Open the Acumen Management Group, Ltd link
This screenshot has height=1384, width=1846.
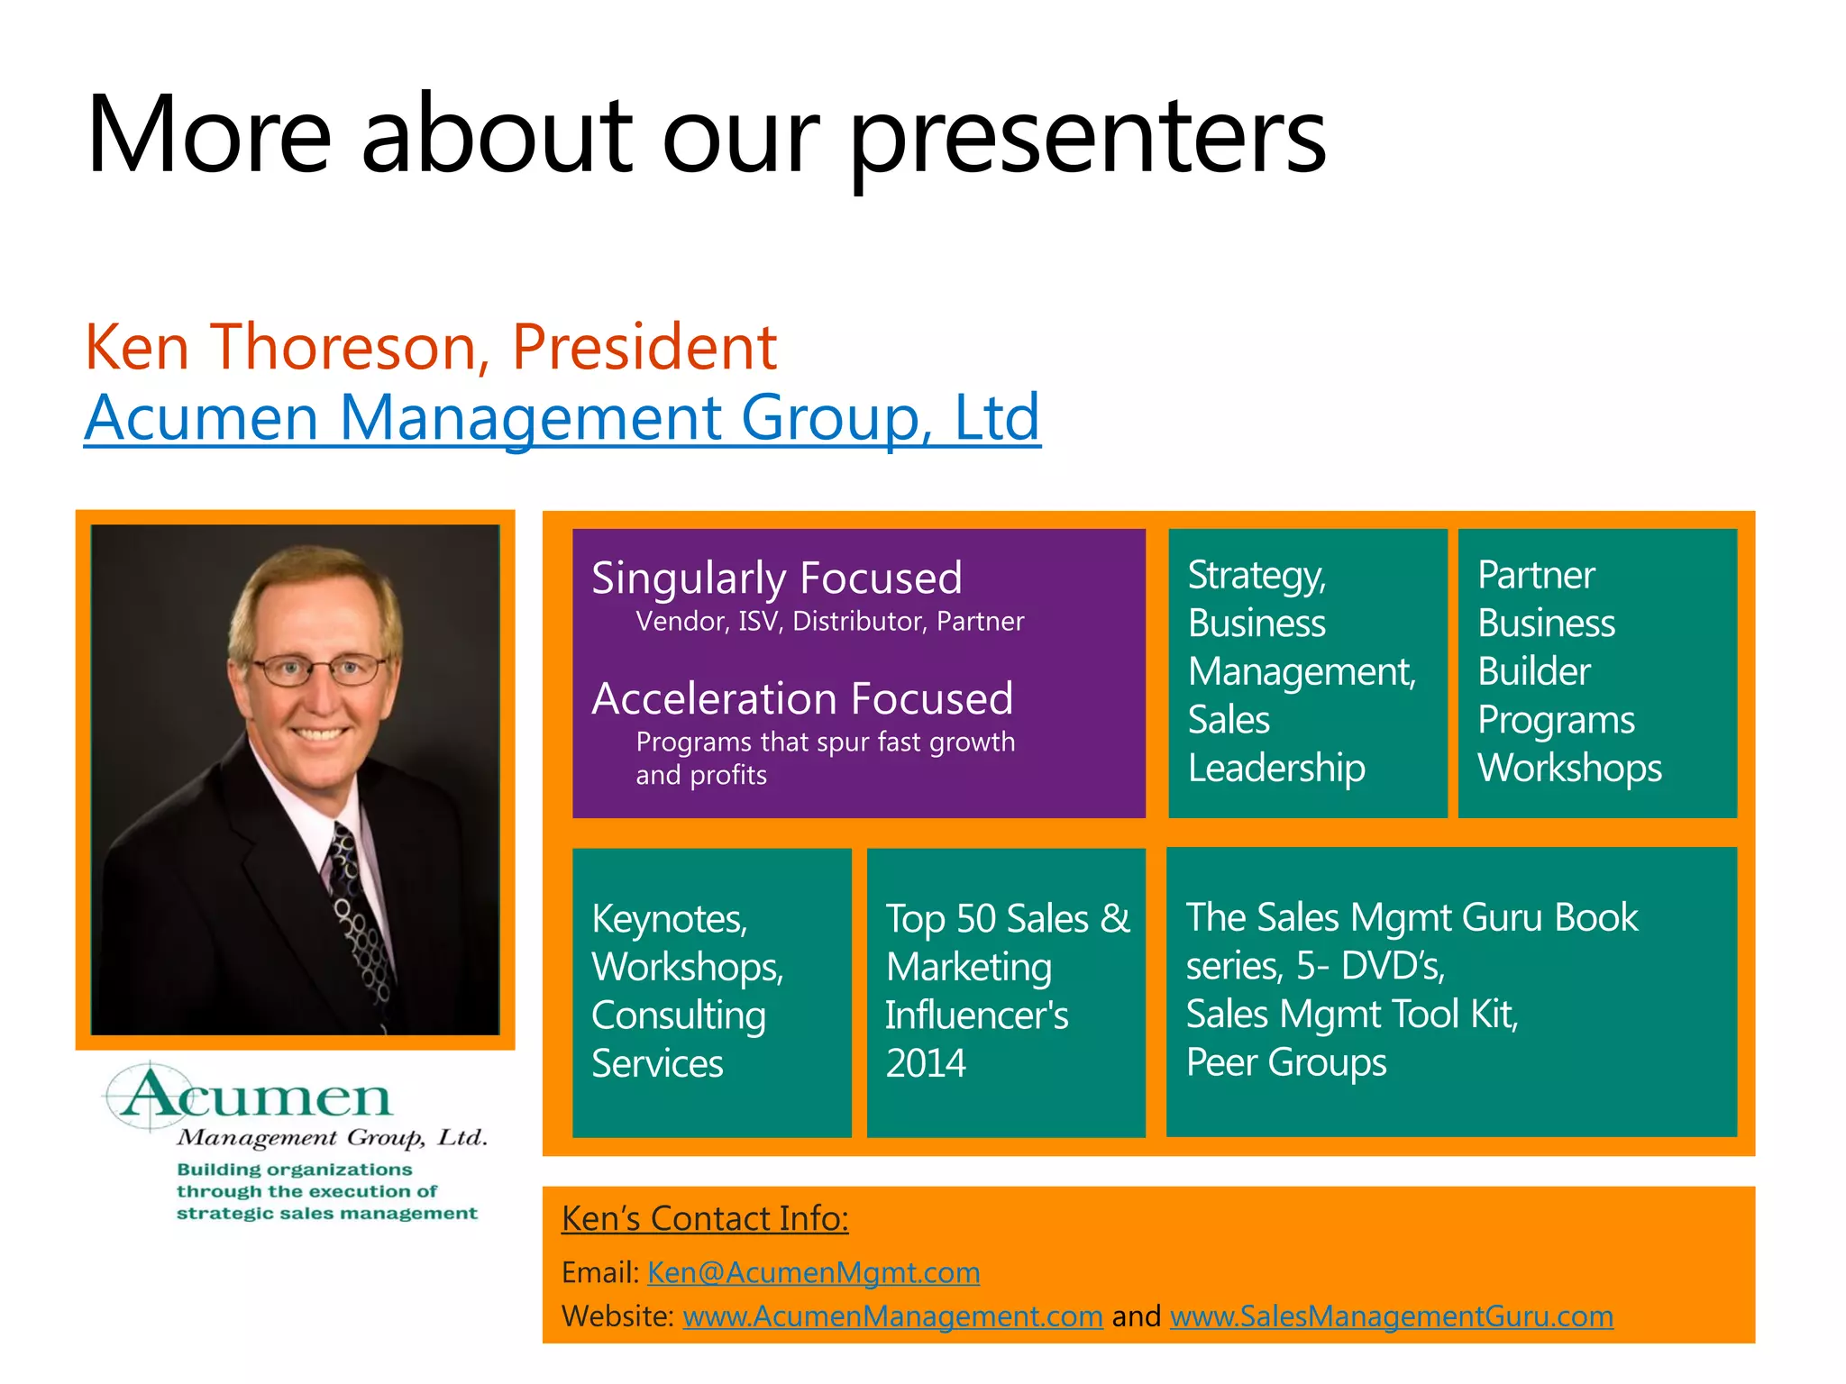point(562,418)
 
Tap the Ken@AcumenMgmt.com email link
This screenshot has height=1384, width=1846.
point(813,1272)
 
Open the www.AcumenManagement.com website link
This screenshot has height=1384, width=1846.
point(892,1316)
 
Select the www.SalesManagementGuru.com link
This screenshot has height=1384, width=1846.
point(1391,1316)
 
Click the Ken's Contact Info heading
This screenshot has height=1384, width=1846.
point(705,1218)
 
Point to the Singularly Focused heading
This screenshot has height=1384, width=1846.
point(776,578)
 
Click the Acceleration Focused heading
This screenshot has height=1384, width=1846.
point(802,698)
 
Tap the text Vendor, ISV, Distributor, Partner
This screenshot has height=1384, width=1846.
point(829,622)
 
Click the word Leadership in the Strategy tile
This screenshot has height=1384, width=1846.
point(1275,768)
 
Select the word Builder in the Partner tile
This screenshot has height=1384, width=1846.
point(1533,671)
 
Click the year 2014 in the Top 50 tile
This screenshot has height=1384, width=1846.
point(926,1063)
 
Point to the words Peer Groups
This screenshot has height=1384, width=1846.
point(1285,1062)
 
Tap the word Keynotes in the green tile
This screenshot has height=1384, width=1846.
point(669,919)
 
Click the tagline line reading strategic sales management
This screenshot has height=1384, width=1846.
point(326,1214)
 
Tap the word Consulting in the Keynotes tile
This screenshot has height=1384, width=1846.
point(678,1015)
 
